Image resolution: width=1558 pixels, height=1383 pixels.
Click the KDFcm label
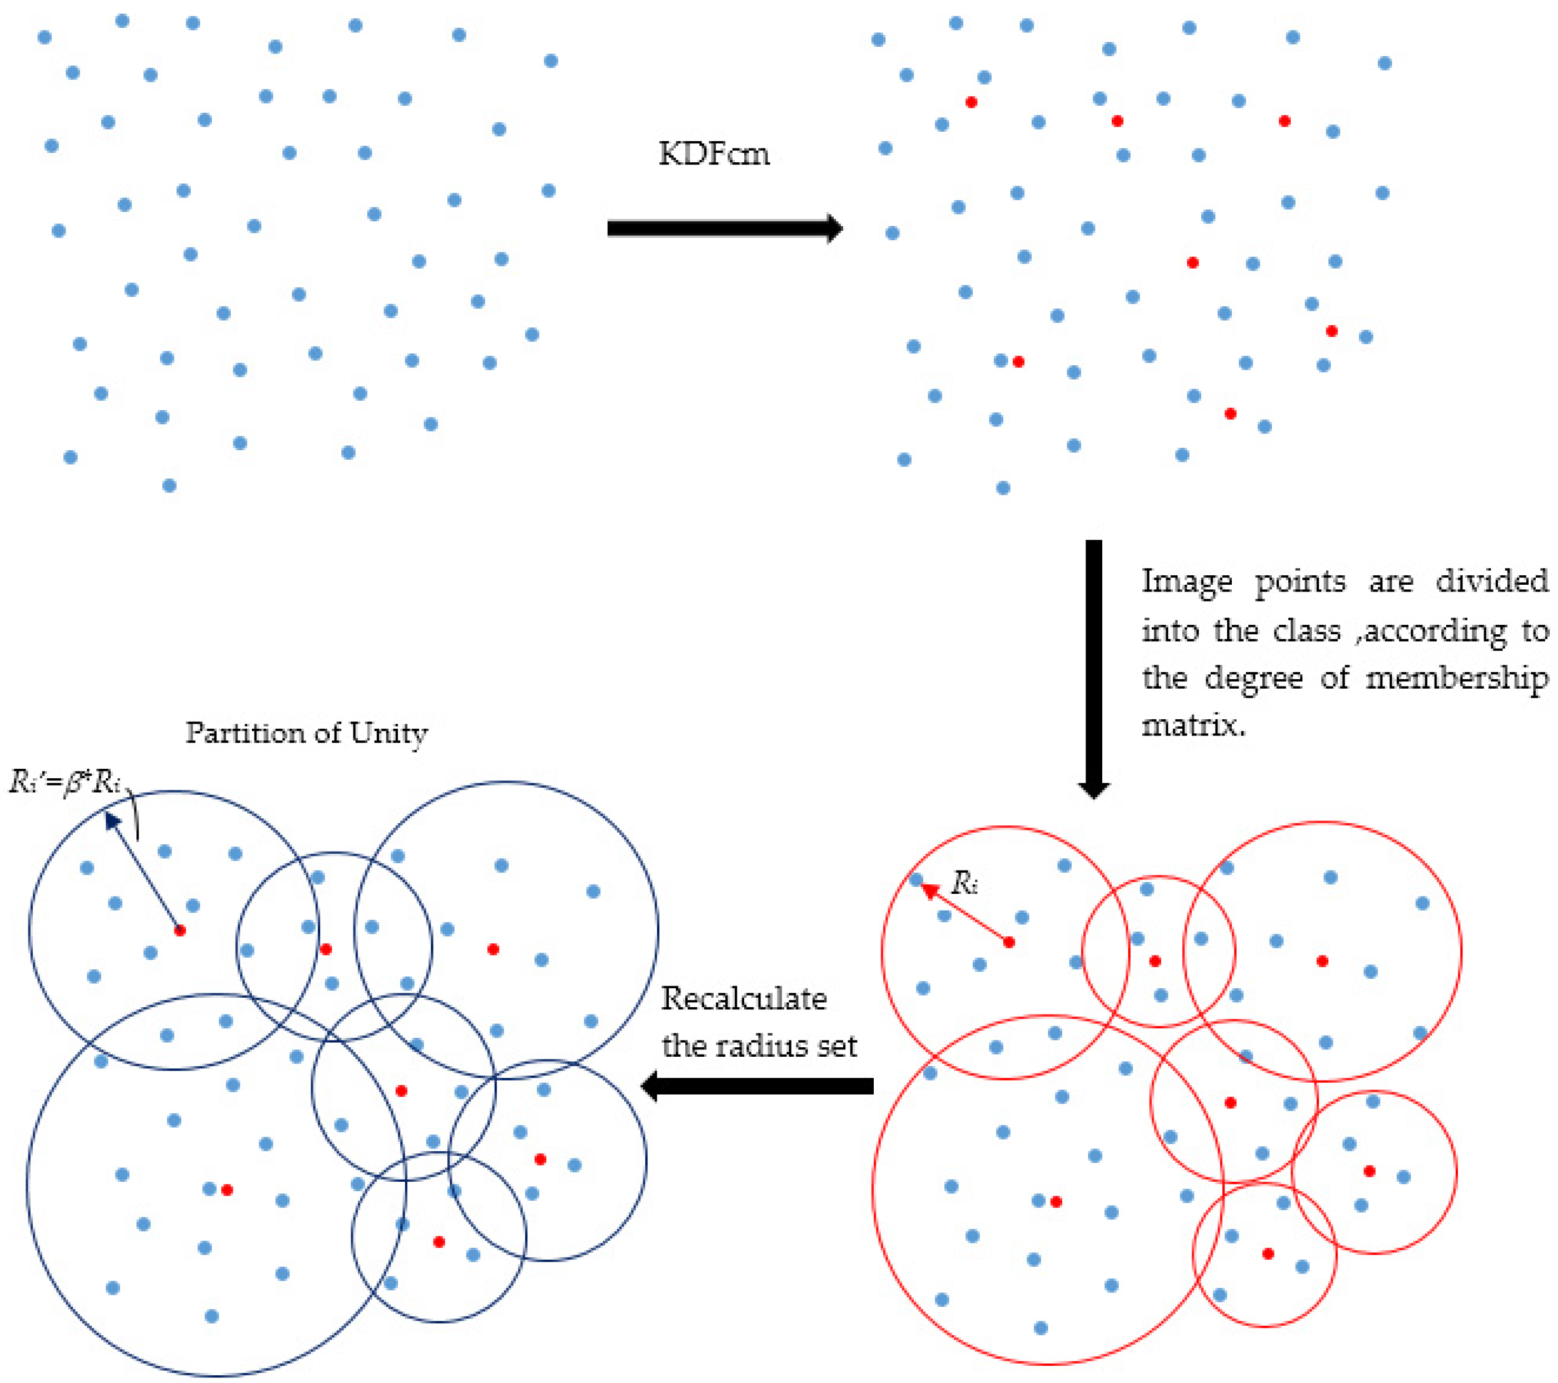(714, 155)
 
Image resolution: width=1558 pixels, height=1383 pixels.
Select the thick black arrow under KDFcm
(724, 228)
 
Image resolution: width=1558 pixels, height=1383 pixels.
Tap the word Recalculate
(743, 999)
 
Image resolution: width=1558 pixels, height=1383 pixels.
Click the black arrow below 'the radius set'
(758, 1086)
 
